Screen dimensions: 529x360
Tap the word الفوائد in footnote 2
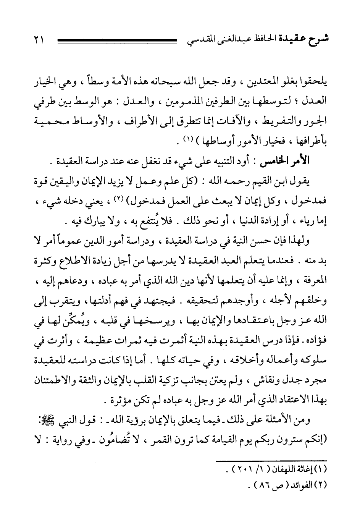[300, 487]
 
